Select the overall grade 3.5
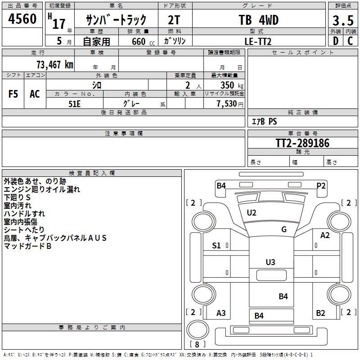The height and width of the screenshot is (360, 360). [343, 21]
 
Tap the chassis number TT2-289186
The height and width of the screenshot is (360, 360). [302, 143]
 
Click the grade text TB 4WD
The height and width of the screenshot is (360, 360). [258, 20]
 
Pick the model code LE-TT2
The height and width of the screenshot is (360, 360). [258, 41]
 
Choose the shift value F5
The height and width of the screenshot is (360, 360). [13, 94]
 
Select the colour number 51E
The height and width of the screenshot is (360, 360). [75, 103]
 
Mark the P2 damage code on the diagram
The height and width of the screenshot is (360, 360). [321, 185]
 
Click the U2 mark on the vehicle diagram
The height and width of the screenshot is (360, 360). [252, 212]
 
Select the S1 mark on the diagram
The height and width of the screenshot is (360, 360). [216, 245]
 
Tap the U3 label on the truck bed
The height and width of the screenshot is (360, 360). [270, 262]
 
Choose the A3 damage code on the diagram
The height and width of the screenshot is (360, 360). [221, 313]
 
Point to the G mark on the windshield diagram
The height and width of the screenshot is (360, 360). [283, 229]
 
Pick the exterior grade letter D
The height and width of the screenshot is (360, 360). [335, 41]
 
